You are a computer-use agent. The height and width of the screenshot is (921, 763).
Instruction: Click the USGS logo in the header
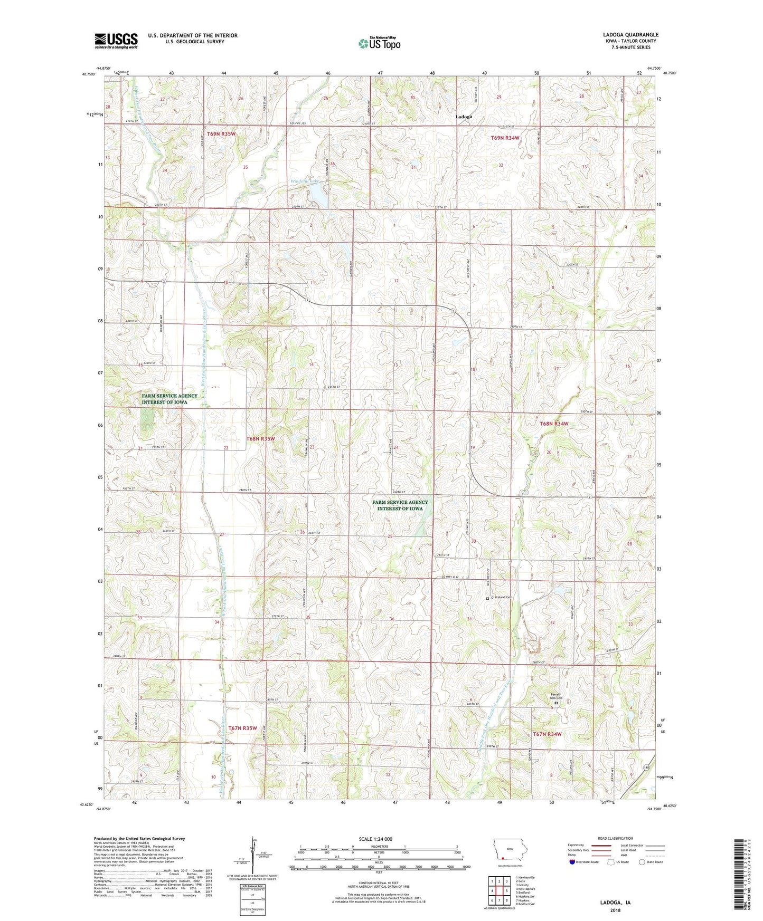[116, 41]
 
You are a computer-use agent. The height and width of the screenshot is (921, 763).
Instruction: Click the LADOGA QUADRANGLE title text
[630, 35]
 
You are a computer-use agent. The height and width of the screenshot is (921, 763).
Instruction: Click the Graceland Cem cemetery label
[502, 597]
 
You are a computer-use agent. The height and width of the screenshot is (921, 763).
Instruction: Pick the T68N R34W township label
[554, 424]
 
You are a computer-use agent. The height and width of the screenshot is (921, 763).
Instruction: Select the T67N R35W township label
[242, 728]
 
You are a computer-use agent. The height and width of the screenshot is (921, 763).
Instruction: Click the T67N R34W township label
[547, 734]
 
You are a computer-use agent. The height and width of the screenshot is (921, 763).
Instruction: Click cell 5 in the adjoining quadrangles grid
[506, 891]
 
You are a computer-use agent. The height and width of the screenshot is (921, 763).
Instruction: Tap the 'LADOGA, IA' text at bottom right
[615, 903]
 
